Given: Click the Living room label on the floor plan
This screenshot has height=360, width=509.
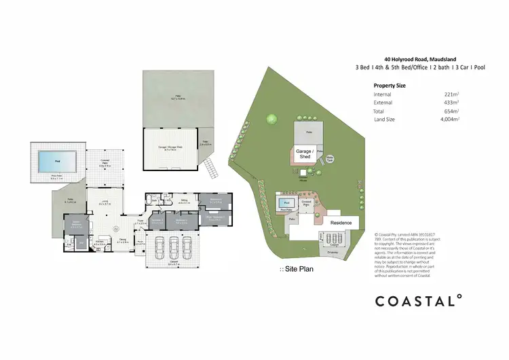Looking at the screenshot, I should [105, 202].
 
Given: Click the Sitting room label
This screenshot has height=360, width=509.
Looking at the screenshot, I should [185, 201].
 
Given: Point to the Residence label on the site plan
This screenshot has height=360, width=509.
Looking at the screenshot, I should [341, 223].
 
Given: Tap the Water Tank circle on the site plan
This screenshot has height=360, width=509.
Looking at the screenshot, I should [331, 158].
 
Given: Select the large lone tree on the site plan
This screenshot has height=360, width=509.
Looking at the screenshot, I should [271, 120].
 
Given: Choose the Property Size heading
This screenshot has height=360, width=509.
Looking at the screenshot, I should [390, 86].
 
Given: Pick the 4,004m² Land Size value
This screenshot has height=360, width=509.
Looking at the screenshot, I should [449, 120].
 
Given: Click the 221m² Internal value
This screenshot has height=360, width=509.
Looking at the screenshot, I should [451, 94].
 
